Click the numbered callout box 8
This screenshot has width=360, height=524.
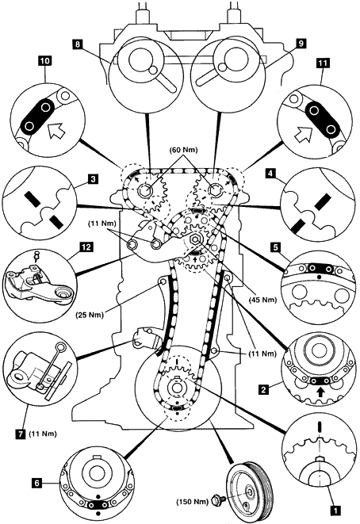[x=77, y=44]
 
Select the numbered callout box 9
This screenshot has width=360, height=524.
[x=301, y=44]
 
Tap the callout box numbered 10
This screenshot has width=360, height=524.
[x=45, y=61]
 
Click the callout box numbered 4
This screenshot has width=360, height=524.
[x=270, y=174]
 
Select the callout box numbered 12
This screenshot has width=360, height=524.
[x=86, y=247]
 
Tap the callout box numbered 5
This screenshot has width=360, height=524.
[x=275, y=247]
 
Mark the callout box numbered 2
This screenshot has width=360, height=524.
[x=264, y=389]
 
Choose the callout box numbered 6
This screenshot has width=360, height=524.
[x=36, y=483]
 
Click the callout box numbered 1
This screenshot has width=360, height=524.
[x=335, y=510]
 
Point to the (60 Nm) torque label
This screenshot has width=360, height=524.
[x=183, y=150]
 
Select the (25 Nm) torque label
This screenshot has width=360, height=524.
[x=90, y=315]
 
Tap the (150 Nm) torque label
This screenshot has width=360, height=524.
[x=192, y=502]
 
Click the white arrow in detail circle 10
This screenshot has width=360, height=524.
[x=56, y=130]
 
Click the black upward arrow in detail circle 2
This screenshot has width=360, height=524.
[x=320, y=392]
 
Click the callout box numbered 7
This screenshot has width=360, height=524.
[x=21, y=434]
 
